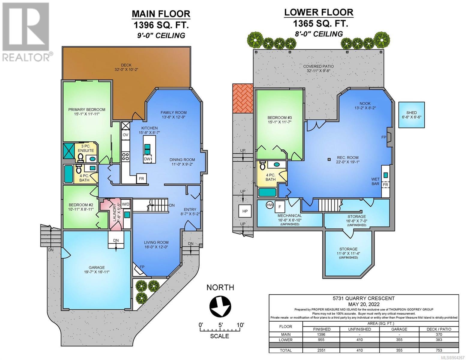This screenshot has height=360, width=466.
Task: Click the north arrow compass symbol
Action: pos(220,307)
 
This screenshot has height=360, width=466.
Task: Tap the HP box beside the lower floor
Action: pos(245,211)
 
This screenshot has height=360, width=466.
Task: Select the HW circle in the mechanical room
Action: pos(270,205)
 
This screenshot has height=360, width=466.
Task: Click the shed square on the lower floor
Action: pos(411,115)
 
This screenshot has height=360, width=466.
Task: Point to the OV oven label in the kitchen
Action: pos(125,135)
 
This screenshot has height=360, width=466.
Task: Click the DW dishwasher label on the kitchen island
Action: pos(147,159)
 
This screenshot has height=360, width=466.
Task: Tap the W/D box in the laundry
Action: pos(125,204)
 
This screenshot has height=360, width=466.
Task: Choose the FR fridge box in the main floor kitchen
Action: pos(141,178)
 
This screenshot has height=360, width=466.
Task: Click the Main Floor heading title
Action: pos(161,14)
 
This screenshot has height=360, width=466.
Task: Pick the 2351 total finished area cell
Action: pos(321,350)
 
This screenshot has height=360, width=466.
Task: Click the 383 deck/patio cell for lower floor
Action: pos(439,340)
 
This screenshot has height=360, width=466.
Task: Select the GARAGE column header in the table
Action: pos(399,329)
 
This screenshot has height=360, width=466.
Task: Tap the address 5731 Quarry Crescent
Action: pos(364,298)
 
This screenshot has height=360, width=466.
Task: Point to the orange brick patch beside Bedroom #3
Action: pos(243,98)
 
